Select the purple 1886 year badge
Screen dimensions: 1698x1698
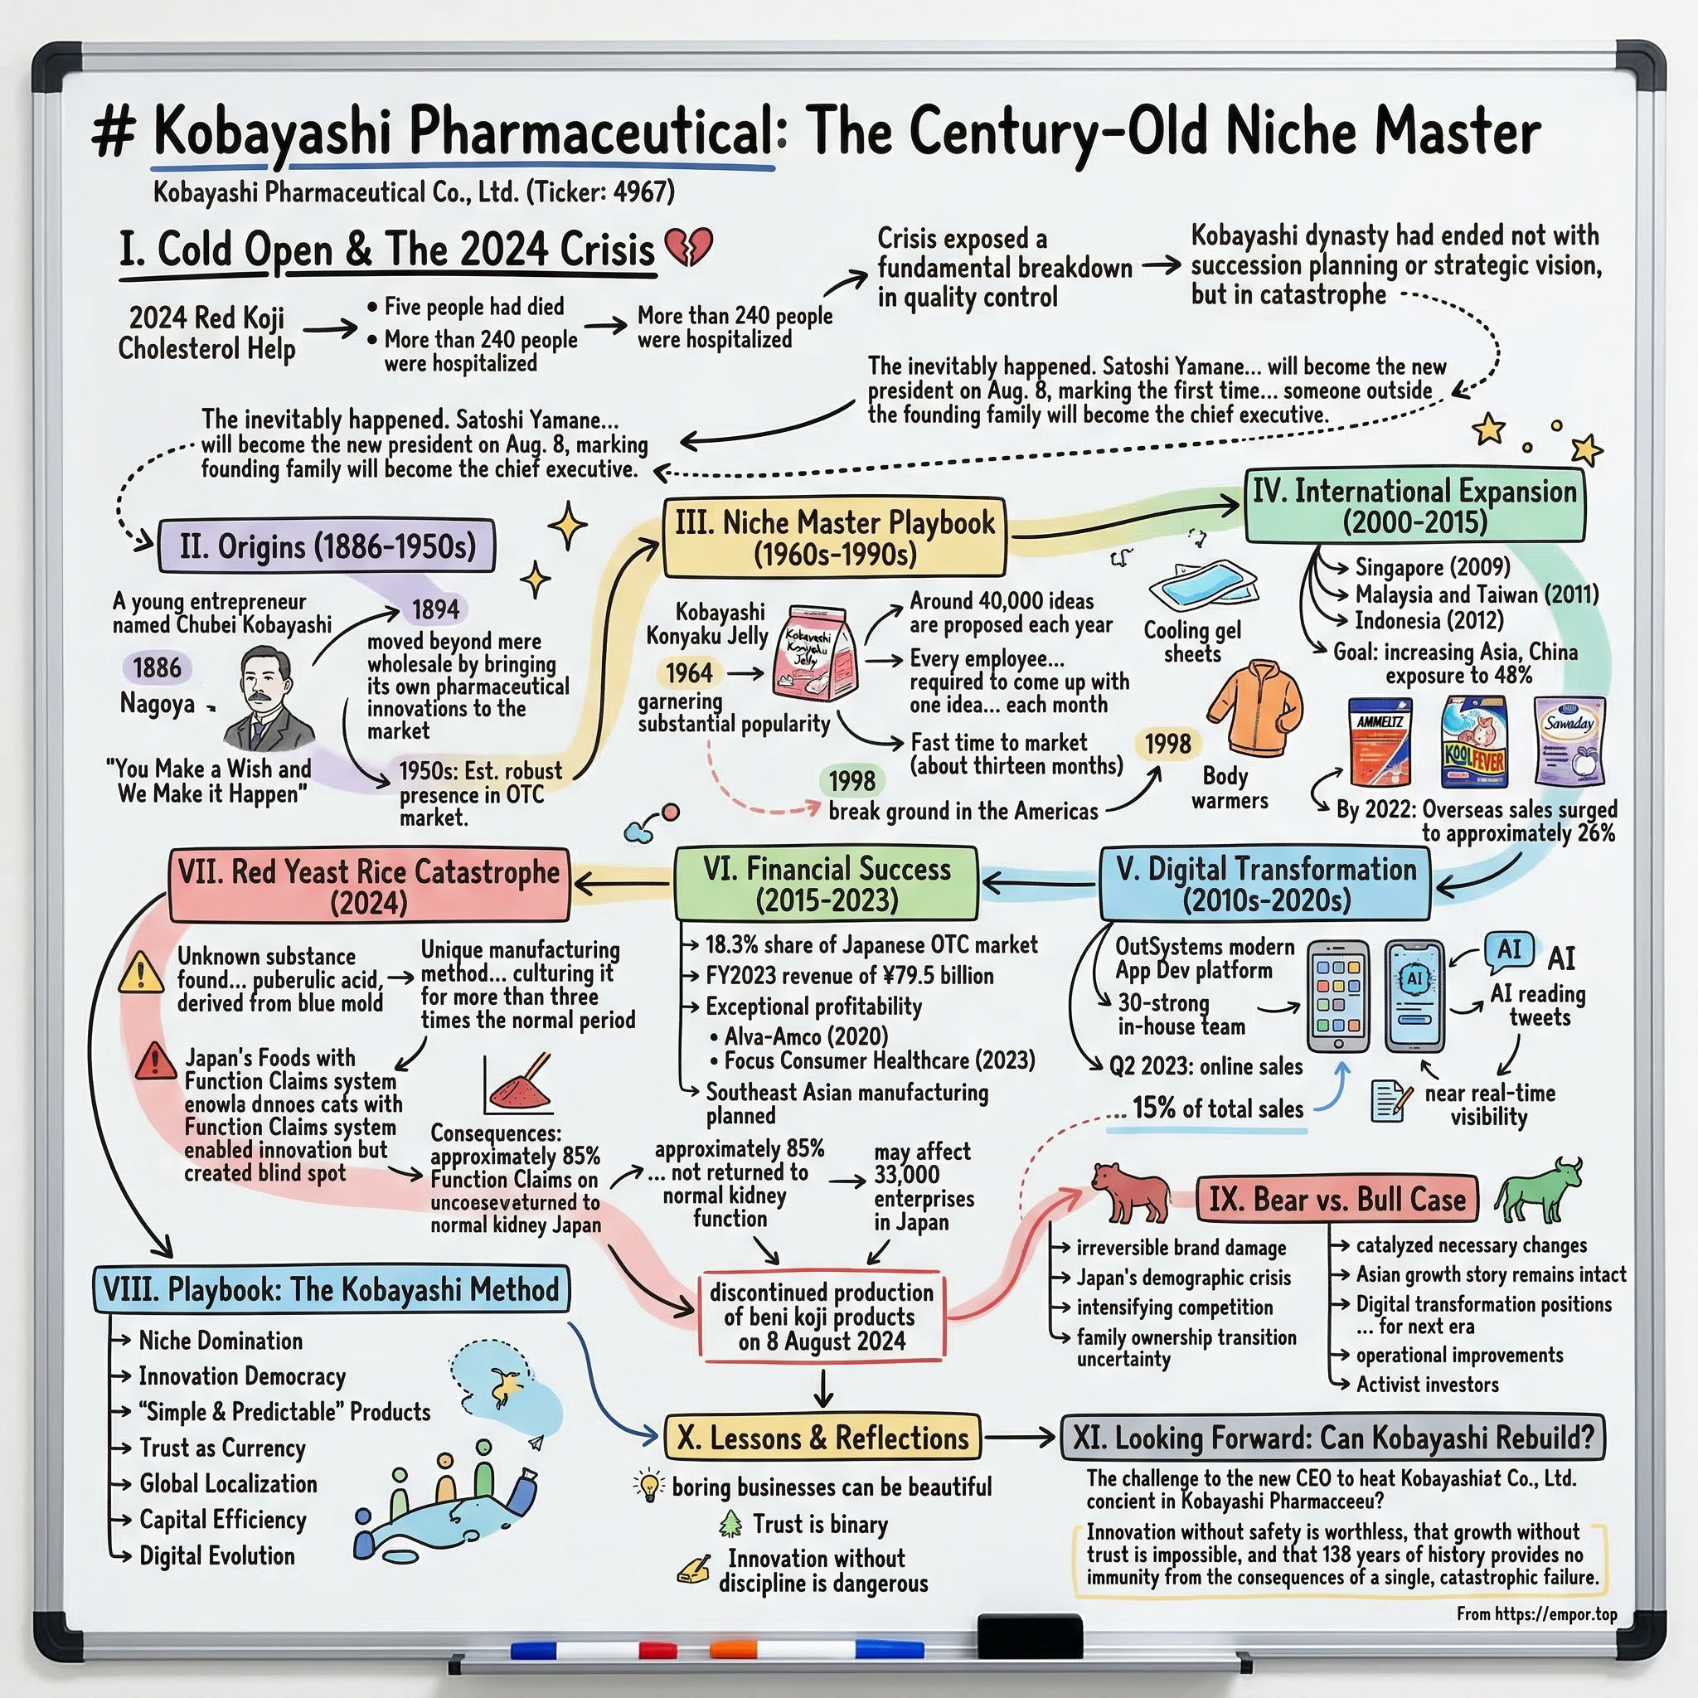[x=157, y=668]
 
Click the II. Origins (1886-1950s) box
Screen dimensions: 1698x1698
[x=327, y=546]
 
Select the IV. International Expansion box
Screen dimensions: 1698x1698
[x=1414, y=506]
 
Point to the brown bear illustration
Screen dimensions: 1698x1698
[x=1131, y=1192]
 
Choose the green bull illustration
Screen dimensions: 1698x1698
[x=1539, y=1190]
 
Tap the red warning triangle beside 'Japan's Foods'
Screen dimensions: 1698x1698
[x=156, y=1063]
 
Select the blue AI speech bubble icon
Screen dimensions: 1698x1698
[x=1508, y=951]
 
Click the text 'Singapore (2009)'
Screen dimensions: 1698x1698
[x=1433, y=567]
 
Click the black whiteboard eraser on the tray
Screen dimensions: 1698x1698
[x=1030, y=1637]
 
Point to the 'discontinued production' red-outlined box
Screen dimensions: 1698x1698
[x=821, y=1317]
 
